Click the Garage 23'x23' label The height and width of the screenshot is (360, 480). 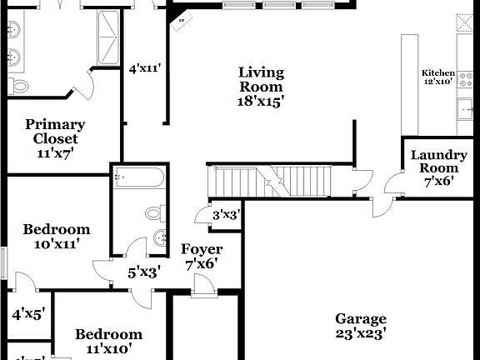tap(361, 327)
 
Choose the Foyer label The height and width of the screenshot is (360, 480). tap(201, 257)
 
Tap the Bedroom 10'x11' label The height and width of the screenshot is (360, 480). tap(56, 237)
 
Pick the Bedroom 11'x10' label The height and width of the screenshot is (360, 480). tap(108, 342)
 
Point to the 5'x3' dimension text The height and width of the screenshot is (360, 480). tap(143, 271)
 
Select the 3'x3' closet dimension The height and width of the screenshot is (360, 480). tap(227, 215)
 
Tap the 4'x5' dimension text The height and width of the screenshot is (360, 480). tap(27, 314)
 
